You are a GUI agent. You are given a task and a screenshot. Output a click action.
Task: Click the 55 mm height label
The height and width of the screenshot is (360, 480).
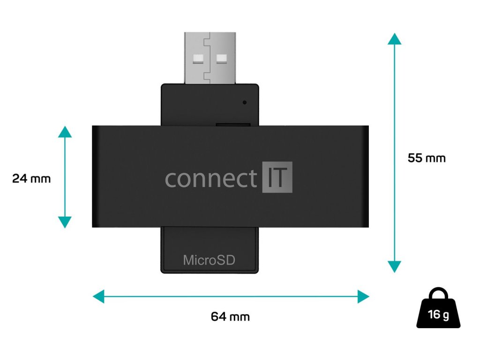(x=427, y=158)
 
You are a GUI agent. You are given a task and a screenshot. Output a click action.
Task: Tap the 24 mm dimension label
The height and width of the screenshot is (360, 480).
(x=31, y=179)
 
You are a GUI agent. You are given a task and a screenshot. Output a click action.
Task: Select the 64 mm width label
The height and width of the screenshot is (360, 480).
(x=230, y=317)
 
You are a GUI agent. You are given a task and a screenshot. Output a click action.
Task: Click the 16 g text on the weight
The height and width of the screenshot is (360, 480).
(x=438, y=314)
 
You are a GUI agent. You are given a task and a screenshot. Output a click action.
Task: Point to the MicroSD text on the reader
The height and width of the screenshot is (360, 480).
(x=209, y=260)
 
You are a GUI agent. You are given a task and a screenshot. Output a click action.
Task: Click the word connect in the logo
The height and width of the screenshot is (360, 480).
(x=211, y=179)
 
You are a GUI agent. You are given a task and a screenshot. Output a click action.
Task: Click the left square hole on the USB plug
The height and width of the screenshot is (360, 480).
(x=196, y=59)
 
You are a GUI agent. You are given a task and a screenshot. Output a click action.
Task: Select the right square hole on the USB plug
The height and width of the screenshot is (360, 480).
(x=221, y=59)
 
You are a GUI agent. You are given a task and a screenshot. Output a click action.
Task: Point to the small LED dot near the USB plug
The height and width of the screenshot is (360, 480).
(x=245, y=102)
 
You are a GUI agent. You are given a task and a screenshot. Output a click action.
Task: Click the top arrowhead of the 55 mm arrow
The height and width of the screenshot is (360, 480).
(x=394, y=38)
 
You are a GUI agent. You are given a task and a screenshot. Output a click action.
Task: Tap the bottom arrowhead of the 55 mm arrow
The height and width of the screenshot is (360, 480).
(x=394, y=267)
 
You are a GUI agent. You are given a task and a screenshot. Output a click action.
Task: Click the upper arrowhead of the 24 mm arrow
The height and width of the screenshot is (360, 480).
(x=65, y=131)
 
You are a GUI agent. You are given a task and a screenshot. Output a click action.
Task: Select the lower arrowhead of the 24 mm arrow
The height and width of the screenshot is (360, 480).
(x=65, y=222)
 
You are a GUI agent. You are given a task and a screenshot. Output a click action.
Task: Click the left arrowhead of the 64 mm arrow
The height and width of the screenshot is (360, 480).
(x=98, y=296)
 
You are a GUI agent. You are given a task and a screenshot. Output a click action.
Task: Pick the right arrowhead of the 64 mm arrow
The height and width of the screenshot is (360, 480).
(x=364, y=296)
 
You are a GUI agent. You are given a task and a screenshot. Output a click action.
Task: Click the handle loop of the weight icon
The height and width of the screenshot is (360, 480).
(x=438, y=294)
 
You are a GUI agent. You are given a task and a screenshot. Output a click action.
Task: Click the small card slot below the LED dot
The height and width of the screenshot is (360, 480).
(x=232, y=124)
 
